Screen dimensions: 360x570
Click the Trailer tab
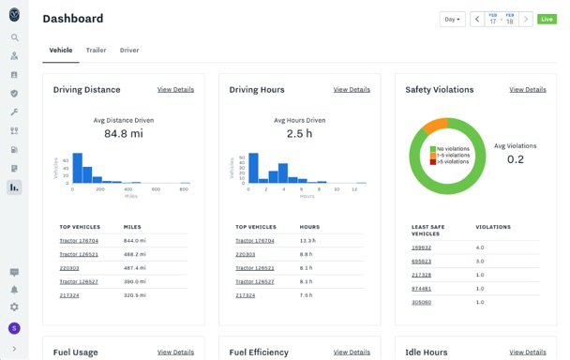click(96, 51)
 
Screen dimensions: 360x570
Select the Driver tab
click(129, 51)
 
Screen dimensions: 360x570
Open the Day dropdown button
click(452, 19)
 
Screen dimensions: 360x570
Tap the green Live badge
click(547, 19)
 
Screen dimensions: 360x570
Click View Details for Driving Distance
click(175, 90)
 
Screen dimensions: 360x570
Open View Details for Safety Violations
click(528, 90)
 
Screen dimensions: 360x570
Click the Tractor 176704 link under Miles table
click(79, 241)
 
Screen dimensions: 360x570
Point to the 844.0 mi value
click(135, 241)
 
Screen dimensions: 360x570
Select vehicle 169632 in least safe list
click(421, 248)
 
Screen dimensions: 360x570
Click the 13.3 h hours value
click(307, 241)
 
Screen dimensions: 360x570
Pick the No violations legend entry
click(454, 149)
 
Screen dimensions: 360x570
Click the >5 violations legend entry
click(454, 162)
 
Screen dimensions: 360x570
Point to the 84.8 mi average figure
click(123, 134)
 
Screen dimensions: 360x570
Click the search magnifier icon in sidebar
click(14, 38)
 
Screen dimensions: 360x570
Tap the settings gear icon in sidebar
click(14, 307)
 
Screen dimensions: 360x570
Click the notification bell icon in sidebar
click(14, 290)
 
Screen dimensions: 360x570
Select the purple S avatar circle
click(14, 328)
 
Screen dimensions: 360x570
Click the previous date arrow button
click(476, 19)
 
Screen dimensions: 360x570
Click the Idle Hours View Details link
click(528, 352)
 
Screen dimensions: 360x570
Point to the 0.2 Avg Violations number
click(515, 159)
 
